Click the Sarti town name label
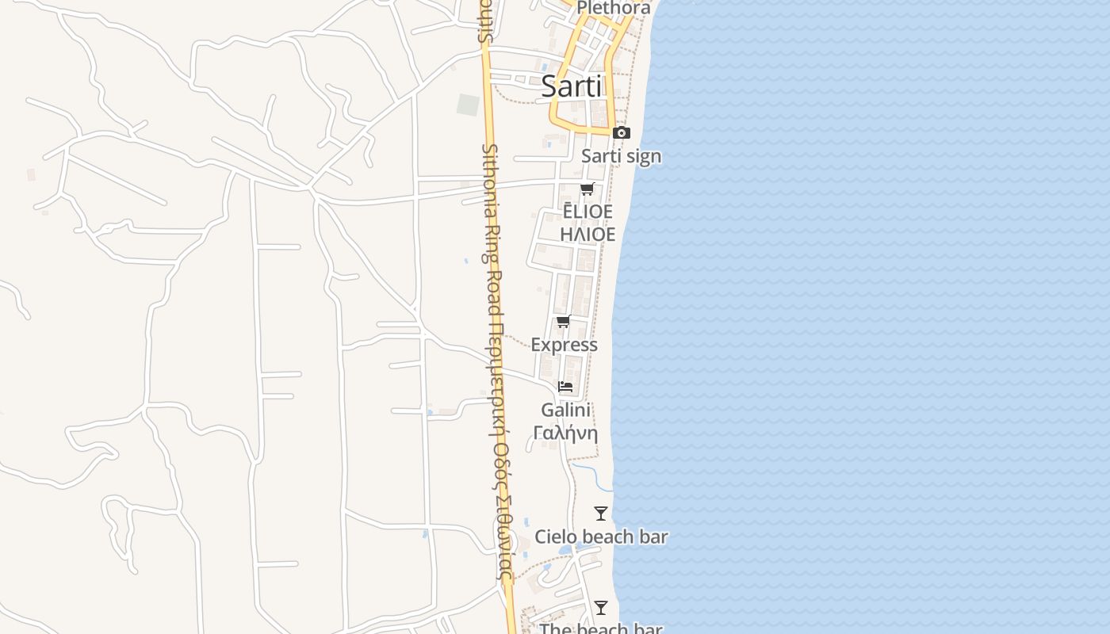pos(571,86)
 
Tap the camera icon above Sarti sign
pos(622,132)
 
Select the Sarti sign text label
pos(621,156)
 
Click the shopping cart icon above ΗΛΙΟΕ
pos(587,189)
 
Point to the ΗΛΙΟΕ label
pos(588,235)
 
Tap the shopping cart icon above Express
pos(564,321)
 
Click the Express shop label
pos(564,345)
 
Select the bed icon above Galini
pos(565,387)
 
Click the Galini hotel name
pos(565,410)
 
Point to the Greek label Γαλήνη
pos(565,433)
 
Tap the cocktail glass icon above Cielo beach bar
pos(601,514)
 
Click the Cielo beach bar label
pos(601,537)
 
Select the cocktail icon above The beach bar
pos(601,608)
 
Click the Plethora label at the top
pos(614,8)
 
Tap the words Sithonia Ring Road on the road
pos(491,230)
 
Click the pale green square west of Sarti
pos(468,105)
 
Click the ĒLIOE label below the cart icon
pos(588,212)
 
